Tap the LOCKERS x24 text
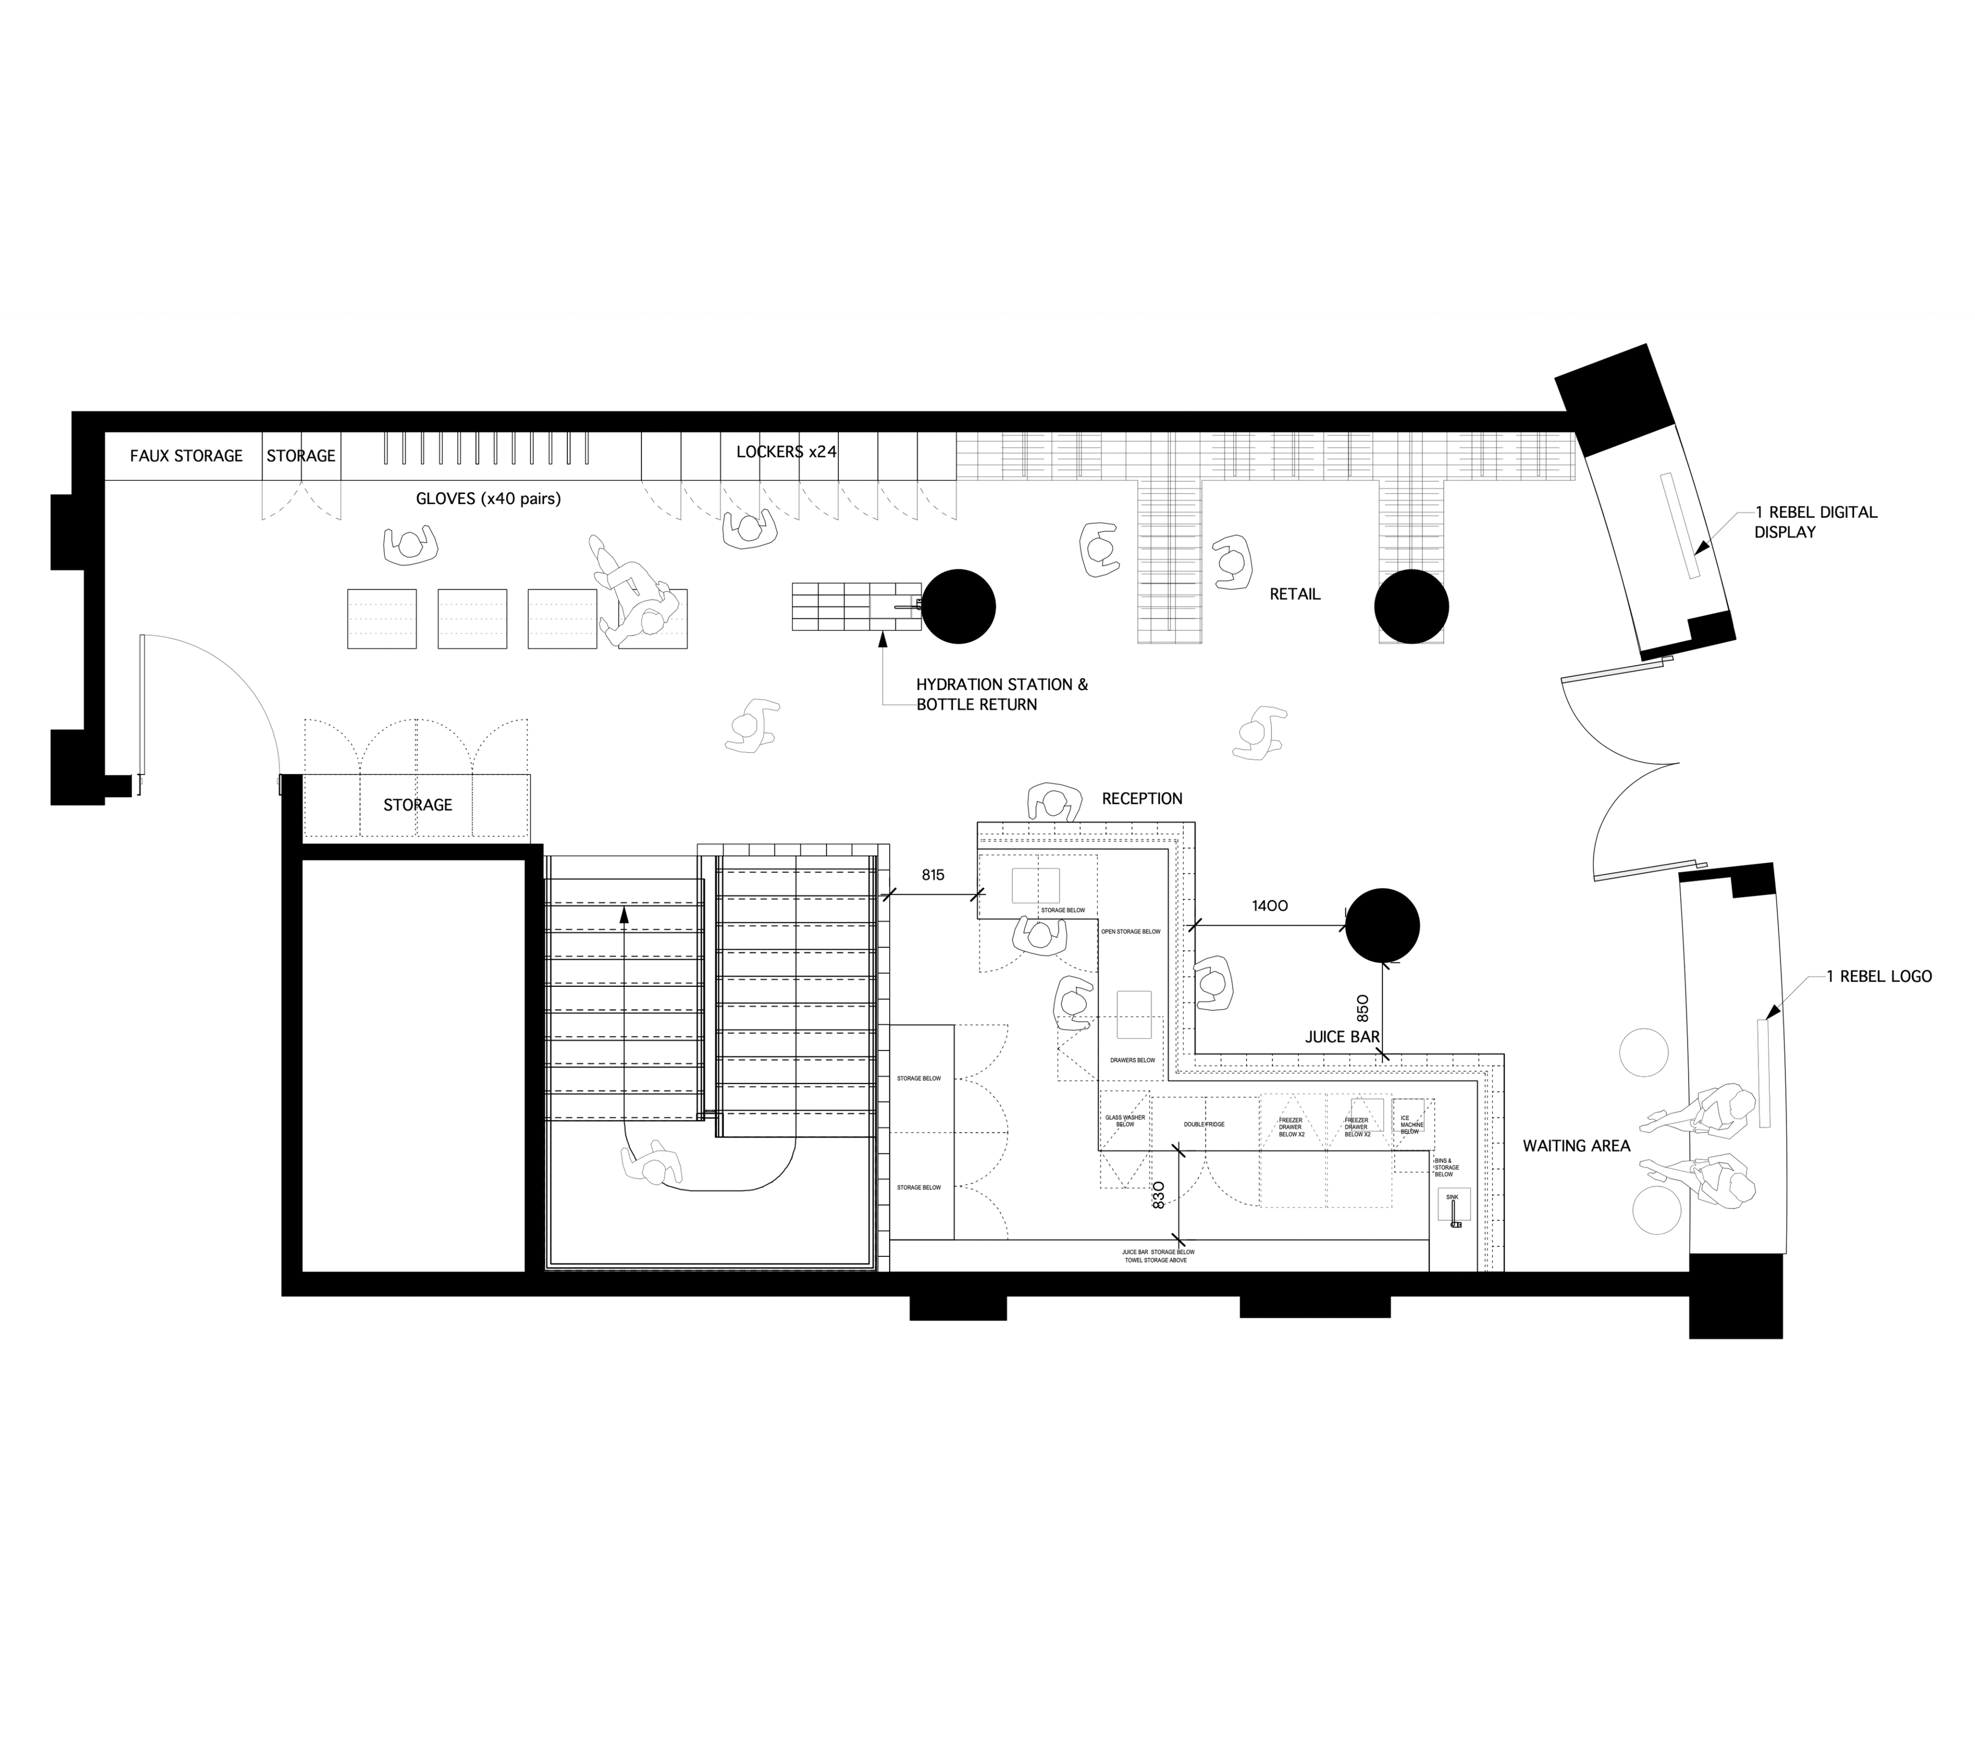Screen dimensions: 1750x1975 pos(785,452)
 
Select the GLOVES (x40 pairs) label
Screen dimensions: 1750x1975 pos(488,499)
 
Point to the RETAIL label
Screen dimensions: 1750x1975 pos(1294,594)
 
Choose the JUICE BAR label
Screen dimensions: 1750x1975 pos(1342,1037)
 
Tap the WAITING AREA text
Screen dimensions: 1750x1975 pos(1576,1146)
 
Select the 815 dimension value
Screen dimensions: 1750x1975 pos(932,875)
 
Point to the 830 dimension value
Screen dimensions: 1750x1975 pos(1159,1195)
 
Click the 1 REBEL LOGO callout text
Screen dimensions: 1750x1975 pos(1878,977)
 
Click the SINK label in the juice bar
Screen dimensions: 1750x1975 pos(1451,1196)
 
